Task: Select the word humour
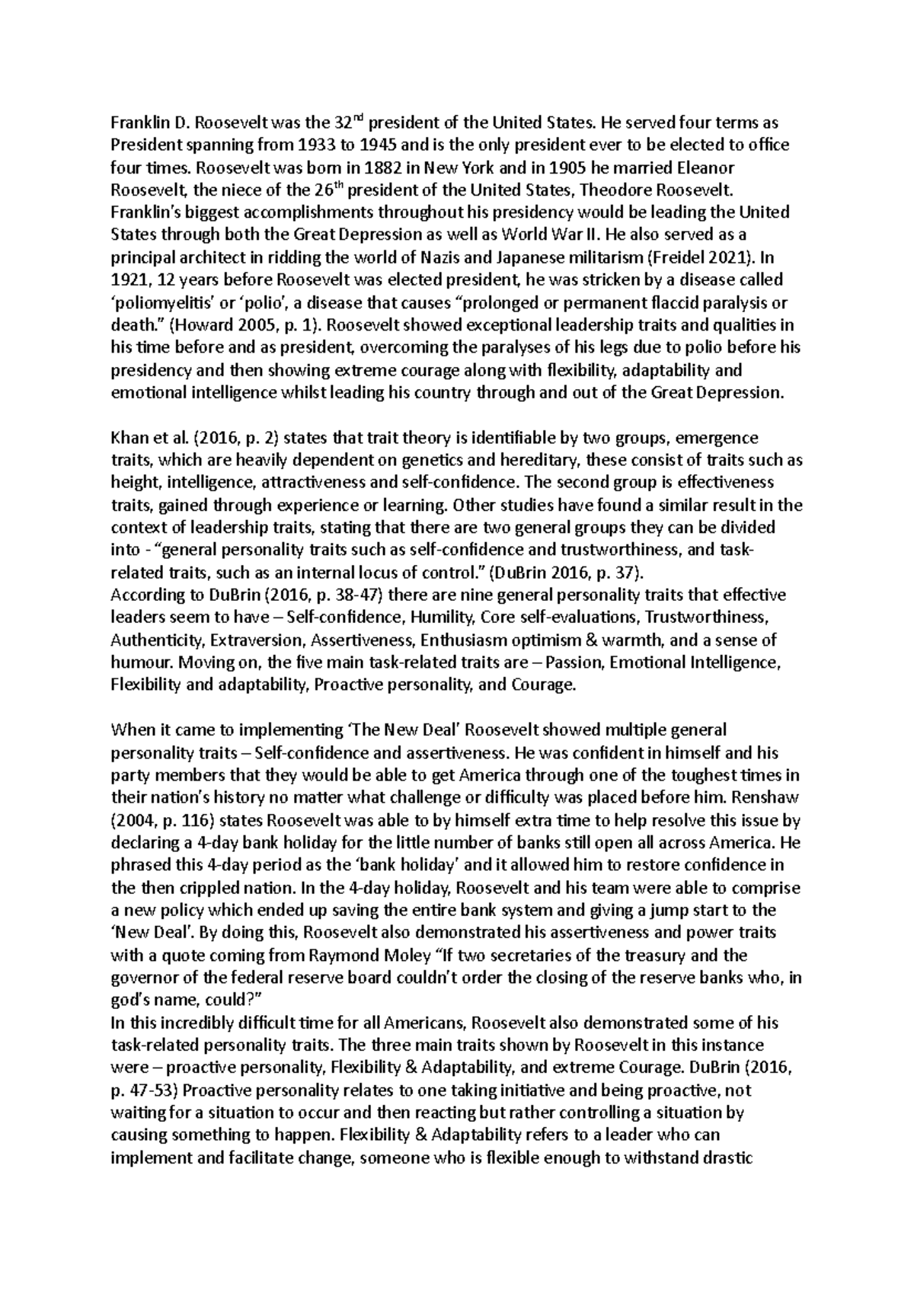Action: [x=139, y=662]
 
